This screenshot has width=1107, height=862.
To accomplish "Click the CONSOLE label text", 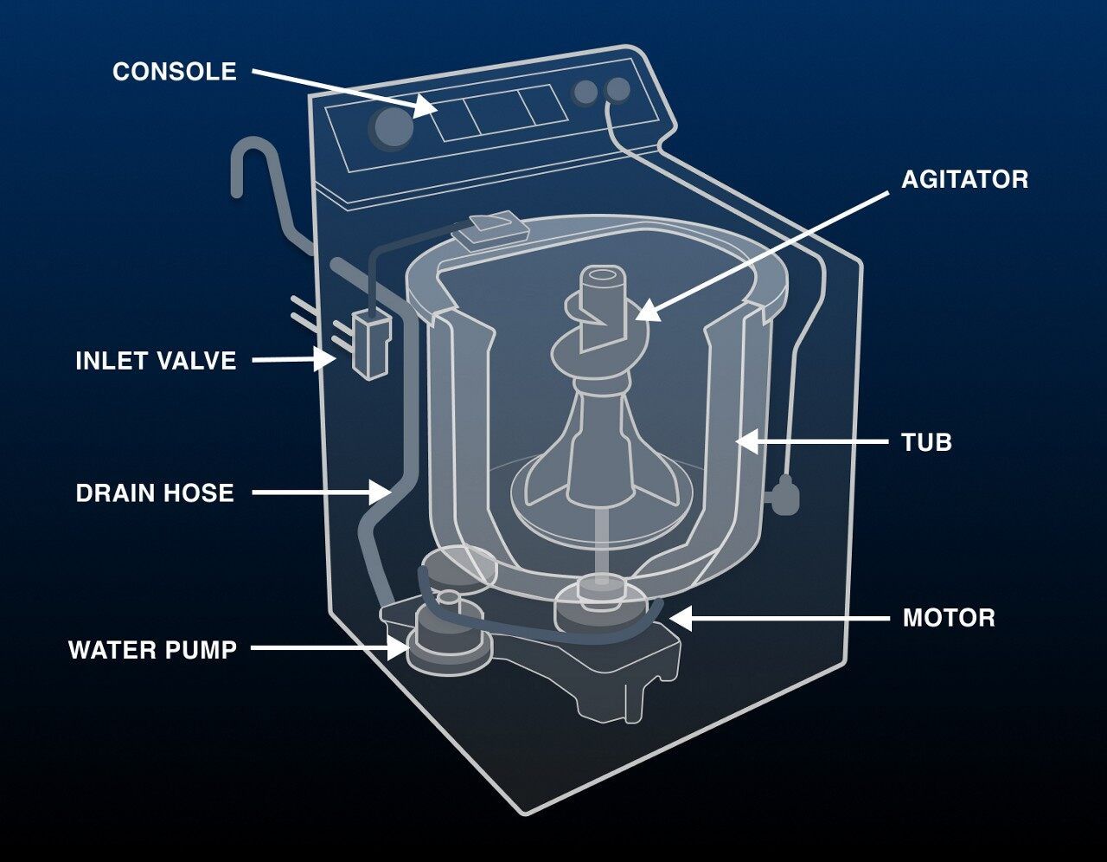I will (x=174, y=71).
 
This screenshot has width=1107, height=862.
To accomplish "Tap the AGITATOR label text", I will (x=964, y=179).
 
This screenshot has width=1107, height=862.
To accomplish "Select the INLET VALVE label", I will (x=156, y=360).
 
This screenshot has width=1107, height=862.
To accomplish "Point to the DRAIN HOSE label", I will (x=155, y=493).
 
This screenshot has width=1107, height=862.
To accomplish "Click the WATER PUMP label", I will (x=152, y=650).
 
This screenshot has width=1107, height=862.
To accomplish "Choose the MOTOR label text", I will (x=949, y=618).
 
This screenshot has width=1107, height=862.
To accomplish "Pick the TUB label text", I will (x=926, y=442).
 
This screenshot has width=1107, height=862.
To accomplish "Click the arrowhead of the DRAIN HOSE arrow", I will (x=382, y=492).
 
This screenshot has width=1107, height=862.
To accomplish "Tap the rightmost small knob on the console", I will (x=617, y=88).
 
